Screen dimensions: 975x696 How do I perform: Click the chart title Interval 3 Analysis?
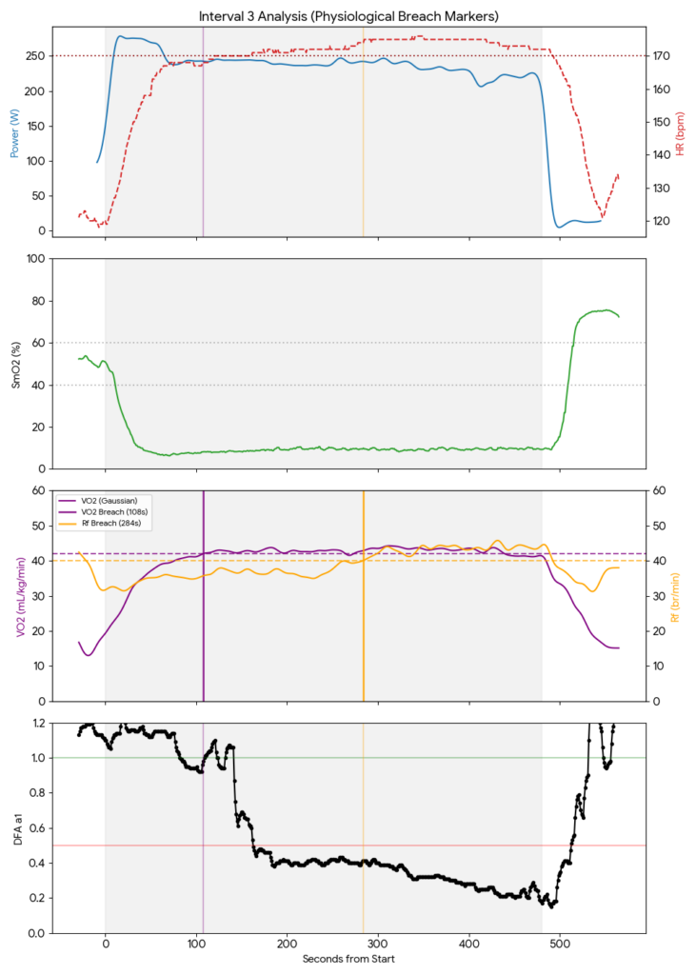pos(348,16)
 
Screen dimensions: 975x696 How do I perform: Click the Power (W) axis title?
pos(14,131)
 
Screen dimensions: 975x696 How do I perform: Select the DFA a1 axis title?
pos(14,827)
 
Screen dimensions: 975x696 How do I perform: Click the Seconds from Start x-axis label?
pos(348,959)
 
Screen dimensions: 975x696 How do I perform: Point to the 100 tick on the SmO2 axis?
pos(35,259)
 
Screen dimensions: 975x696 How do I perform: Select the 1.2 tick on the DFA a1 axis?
pos(35,723)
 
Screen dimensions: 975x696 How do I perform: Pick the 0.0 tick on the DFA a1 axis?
pos(35,933)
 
